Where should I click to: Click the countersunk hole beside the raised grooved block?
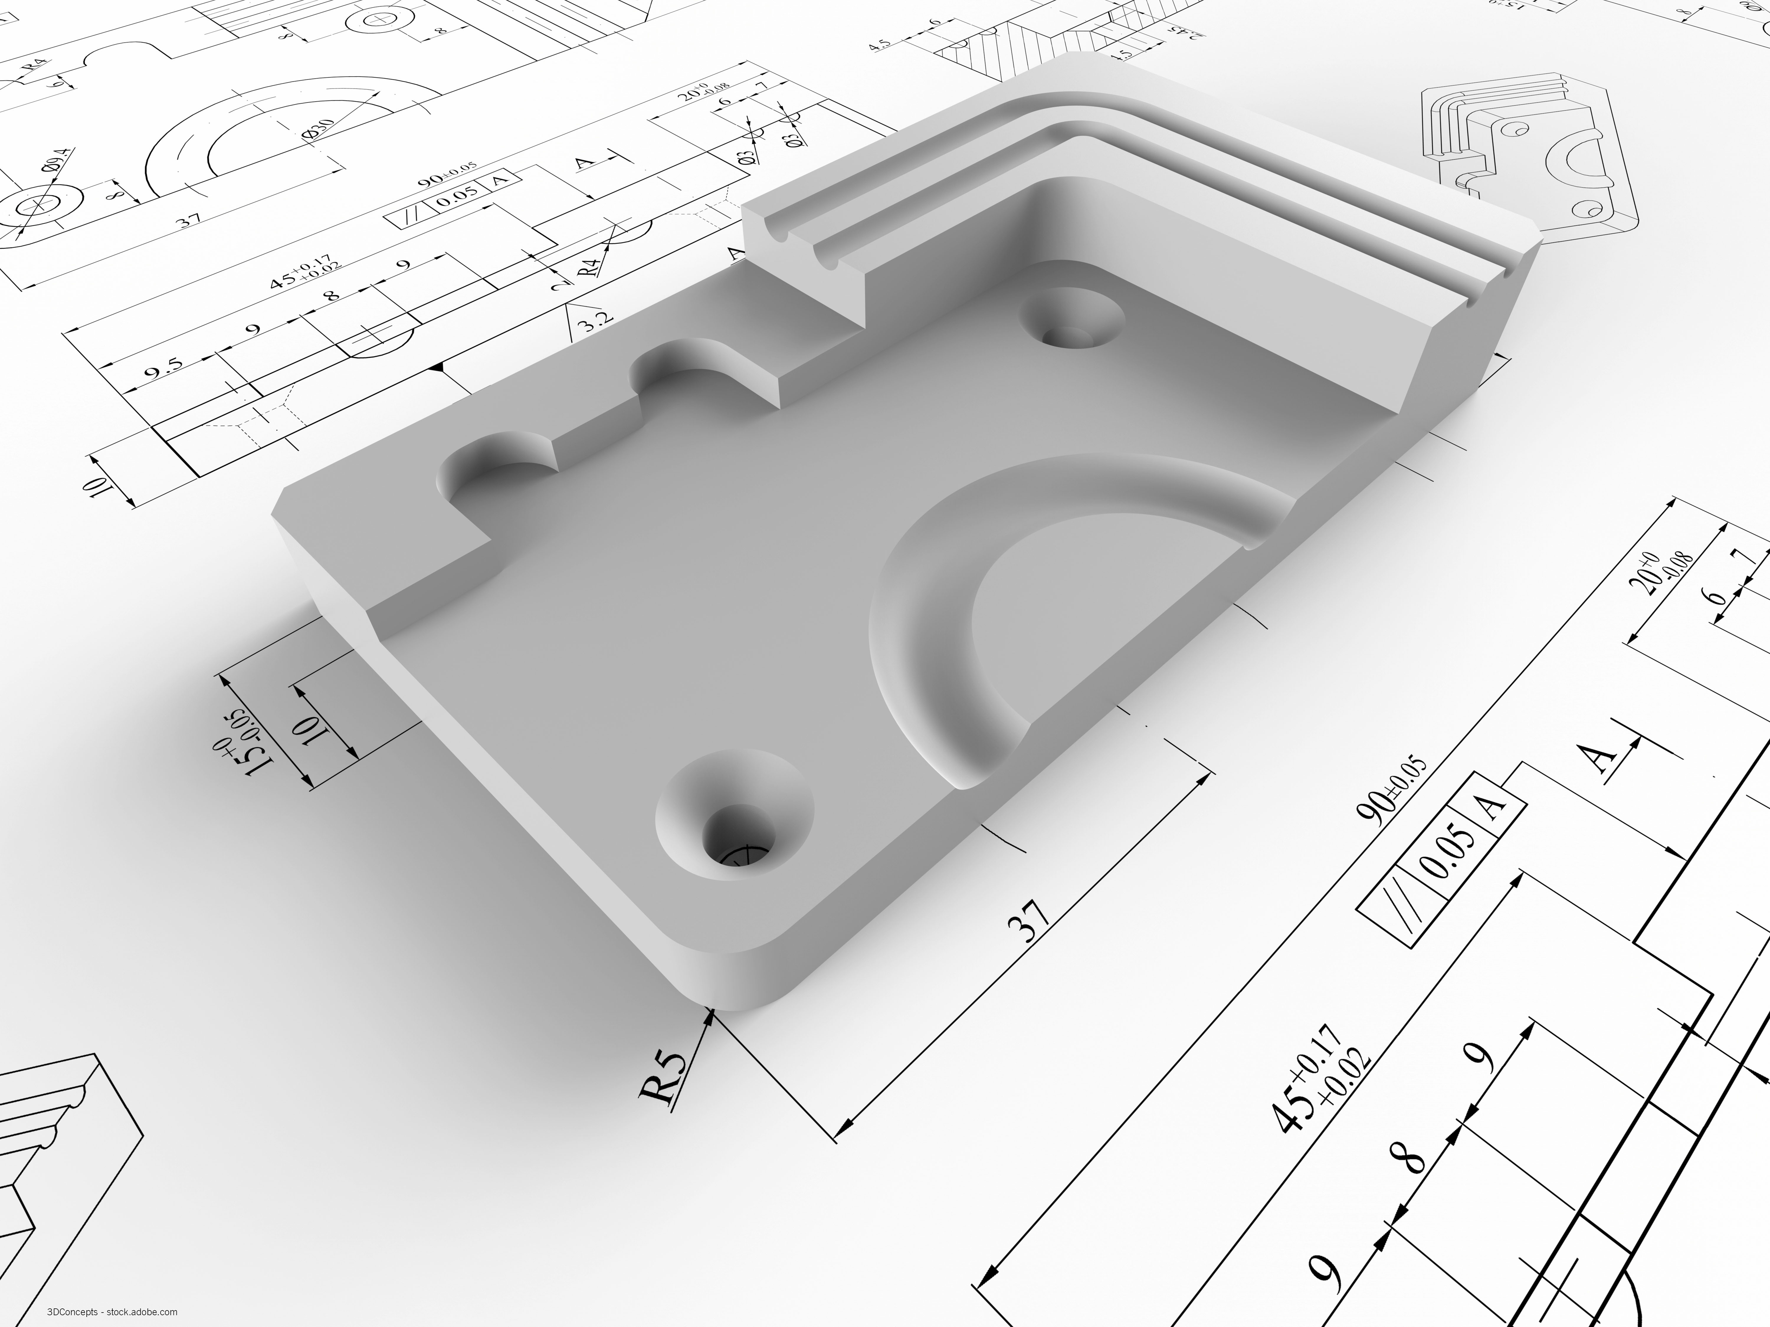pyautogui.click(x=1072, y=324)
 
